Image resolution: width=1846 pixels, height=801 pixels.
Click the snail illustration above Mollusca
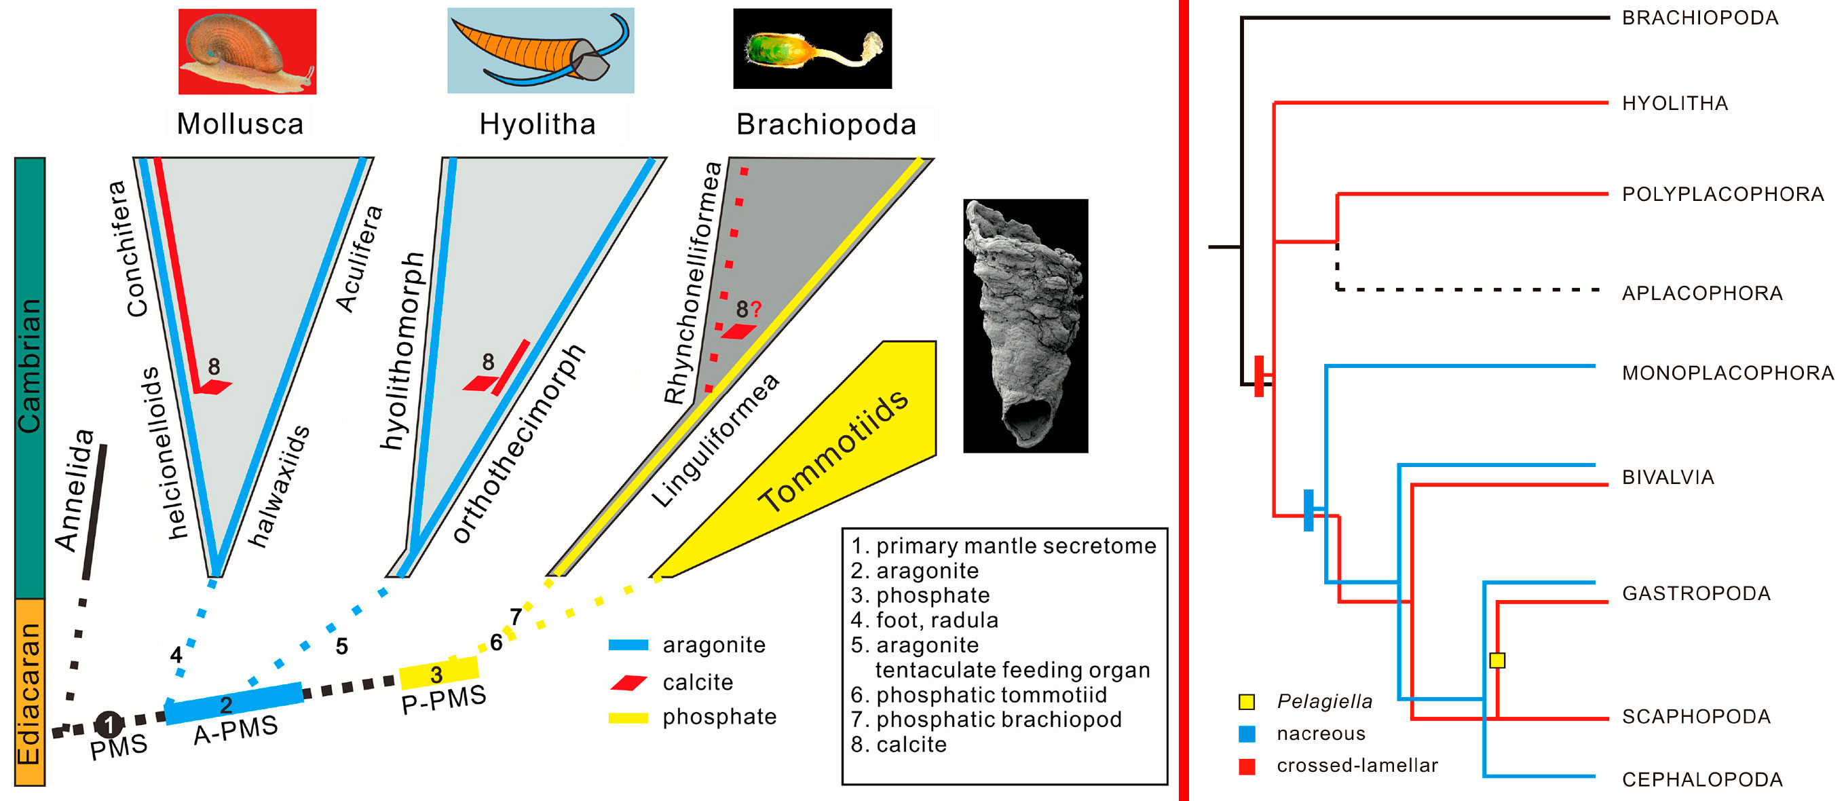(247, 51)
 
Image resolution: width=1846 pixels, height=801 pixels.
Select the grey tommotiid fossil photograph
(1025, 325)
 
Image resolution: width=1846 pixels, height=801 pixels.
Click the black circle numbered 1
(109, 724)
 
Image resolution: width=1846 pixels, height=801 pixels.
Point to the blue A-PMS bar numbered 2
(233, 703)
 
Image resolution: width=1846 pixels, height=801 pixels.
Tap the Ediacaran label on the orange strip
(29, 693)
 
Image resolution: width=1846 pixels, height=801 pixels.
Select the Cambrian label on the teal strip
(29, 365)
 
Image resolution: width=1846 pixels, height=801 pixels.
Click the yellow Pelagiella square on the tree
(1497, 660)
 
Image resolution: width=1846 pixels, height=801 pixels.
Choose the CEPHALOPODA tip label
(1702, 779)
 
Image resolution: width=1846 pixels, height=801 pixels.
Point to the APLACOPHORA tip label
(1702, 293)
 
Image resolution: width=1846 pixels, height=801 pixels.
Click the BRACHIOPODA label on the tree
(1700, 18)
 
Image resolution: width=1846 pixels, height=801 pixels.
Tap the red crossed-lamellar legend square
(1247, 766)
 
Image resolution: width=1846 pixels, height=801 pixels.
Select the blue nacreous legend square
(1247, 734)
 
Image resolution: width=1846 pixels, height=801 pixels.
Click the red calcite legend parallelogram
(629, 682)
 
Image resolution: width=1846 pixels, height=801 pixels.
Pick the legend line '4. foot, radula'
(924, 620)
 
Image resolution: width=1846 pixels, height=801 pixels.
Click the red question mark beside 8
(757, 310)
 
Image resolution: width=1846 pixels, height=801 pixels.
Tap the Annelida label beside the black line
(75, 491)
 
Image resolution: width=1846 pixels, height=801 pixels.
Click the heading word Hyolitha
(538, 125)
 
